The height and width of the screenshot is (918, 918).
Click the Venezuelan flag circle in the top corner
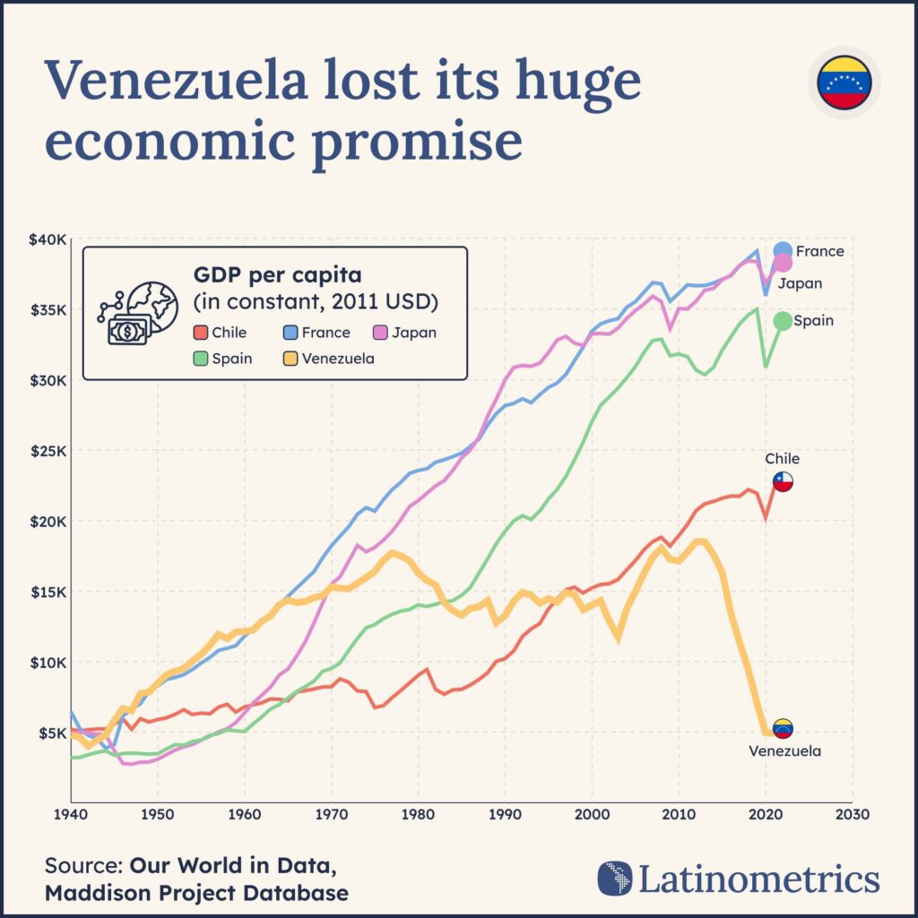point(844,82)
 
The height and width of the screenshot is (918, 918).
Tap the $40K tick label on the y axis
point(48,239)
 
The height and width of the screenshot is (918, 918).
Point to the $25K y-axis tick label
point(48,451)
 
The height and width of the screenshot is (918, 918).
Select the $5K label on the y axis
point(51,733)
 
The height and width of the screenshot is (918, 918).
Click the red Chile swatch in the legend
point(201,333)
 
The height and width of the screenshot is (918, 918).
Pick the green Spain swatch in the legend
point(201,359)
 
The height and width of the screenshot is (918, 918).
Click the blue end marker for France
point(783,251)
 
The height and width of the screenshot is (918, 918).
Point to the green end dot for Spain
point(783,321)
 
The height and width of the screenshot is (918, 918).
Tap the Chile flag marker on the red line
point(783,482)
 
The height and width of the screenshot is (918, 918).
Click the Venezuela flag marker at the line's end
point(783,729)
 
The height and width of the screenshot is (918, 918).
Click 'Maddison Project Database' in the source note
point(196,893)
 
